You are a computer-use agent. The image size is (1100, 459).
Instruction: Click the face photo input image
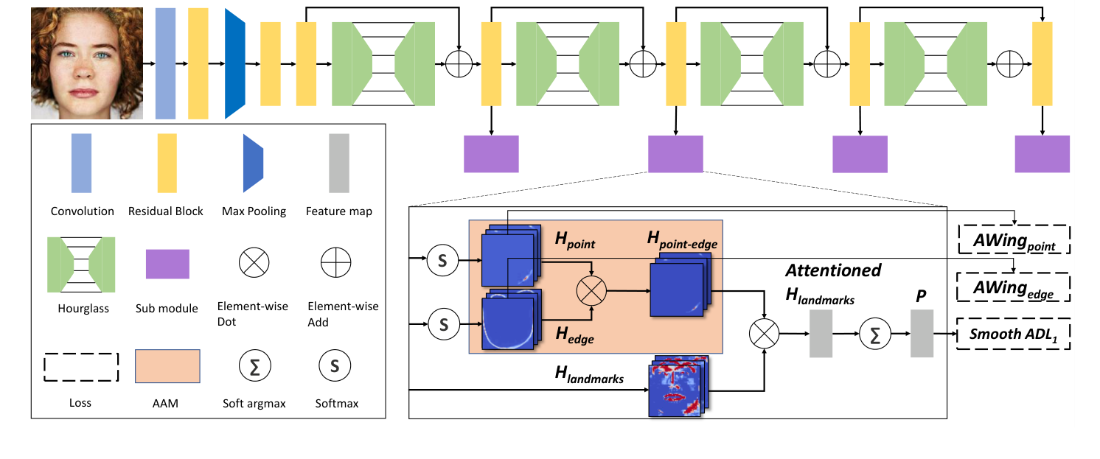(x=87, y=63)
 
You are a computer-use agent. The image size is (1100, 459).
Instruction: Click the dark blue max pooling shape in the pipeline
(x=234, y=63)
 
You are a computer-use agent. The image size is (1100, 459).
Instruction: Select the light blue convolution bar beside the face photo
(x=165, y=63)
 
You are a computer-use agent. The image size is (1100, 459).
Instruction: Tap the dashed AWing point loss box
(x=1014, y=239)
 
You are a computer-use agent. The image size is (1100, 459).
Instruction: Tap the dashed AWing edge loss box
(x=1014, y=287)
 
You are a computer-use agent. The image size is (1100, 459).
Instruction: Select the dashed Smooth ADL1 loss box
(x=1014, y=335)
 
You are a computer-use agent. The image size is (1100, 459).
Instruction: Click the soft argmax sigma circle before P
(x=875, y=334)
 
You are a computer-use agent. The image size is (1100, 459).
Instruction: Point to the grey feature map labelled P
(x=922, y=334)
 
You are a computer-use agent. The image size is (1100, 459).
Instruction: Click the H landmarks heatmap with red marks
(x=677, y=388)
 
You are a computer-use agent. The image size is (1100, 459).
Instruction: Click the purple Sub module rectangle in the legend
(x=167, y=264)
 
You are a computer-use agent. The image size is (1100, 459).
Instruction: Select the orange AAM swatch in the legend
(x=167, y=366)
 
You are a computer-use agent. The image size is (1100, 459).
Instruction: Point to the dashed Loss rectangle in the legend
(x=81, y=366)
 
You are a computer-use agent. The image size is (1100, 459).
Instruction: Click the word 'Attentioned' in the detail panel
(x=833, y=270)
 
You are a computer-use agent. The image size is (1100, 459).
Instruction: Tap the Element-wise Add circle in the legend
(x=336, y=262)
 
